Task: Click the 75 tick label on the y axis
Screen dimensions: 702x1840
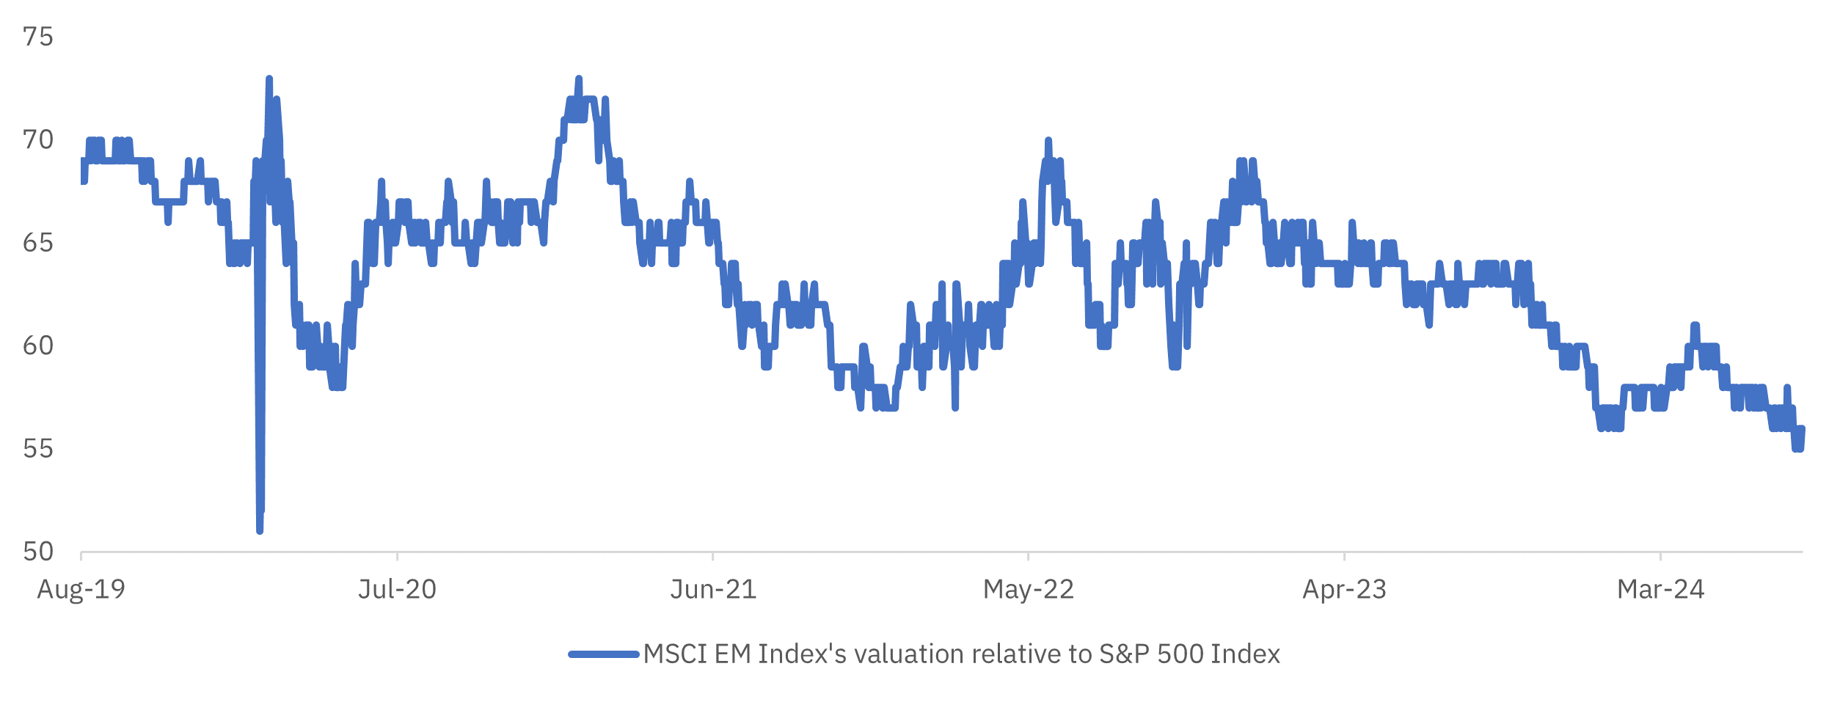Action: pos(38,37)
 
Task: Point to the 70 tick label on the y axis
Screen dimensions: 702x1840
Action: pos(38,139)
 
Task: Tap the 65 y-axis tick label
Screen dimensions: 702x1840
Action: pos(38,243)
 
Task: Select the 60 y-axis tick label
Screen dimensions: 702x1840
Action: pos(38,345)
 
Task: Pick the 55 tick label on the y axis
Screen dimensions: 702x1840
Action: pos(38,448)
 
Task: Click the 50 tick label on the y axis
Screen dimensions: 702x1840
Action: pos(38,552)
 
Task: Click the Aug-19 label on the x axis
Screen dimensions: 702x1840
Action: pos(81,589)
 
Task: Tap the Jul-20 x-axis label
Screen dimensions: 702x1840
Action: pos(397,589)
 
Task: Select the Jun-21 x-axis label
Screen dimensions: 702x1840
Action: pos(713,589)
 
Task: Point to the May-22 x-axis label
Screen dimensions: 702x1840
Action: pos(1029,589)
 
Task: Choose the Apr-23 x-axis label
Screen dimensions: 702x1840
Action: pos(1344,589)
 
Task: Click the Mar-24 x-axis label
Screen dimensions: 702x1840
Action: pos(1660,589)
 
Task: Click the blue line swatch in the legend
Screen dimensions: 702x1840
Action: pos(604,654)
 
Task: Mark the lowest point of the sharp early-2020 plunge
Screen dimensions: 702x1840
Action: pos(260,530)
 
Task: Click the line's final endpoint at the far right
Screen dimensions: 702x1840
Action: pos(1802,429)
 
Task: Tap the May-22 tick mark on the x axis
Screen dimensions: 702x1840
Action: pos(1029,556)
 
